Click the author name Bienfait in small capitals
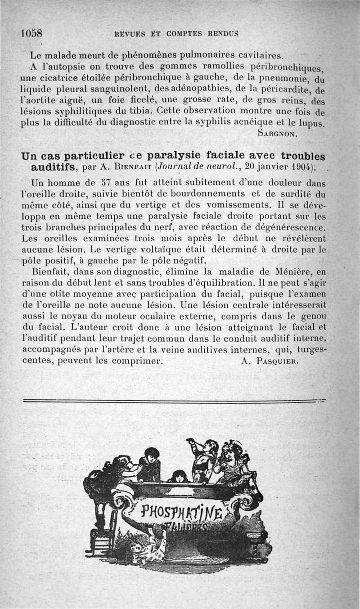tap(128, 169)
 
